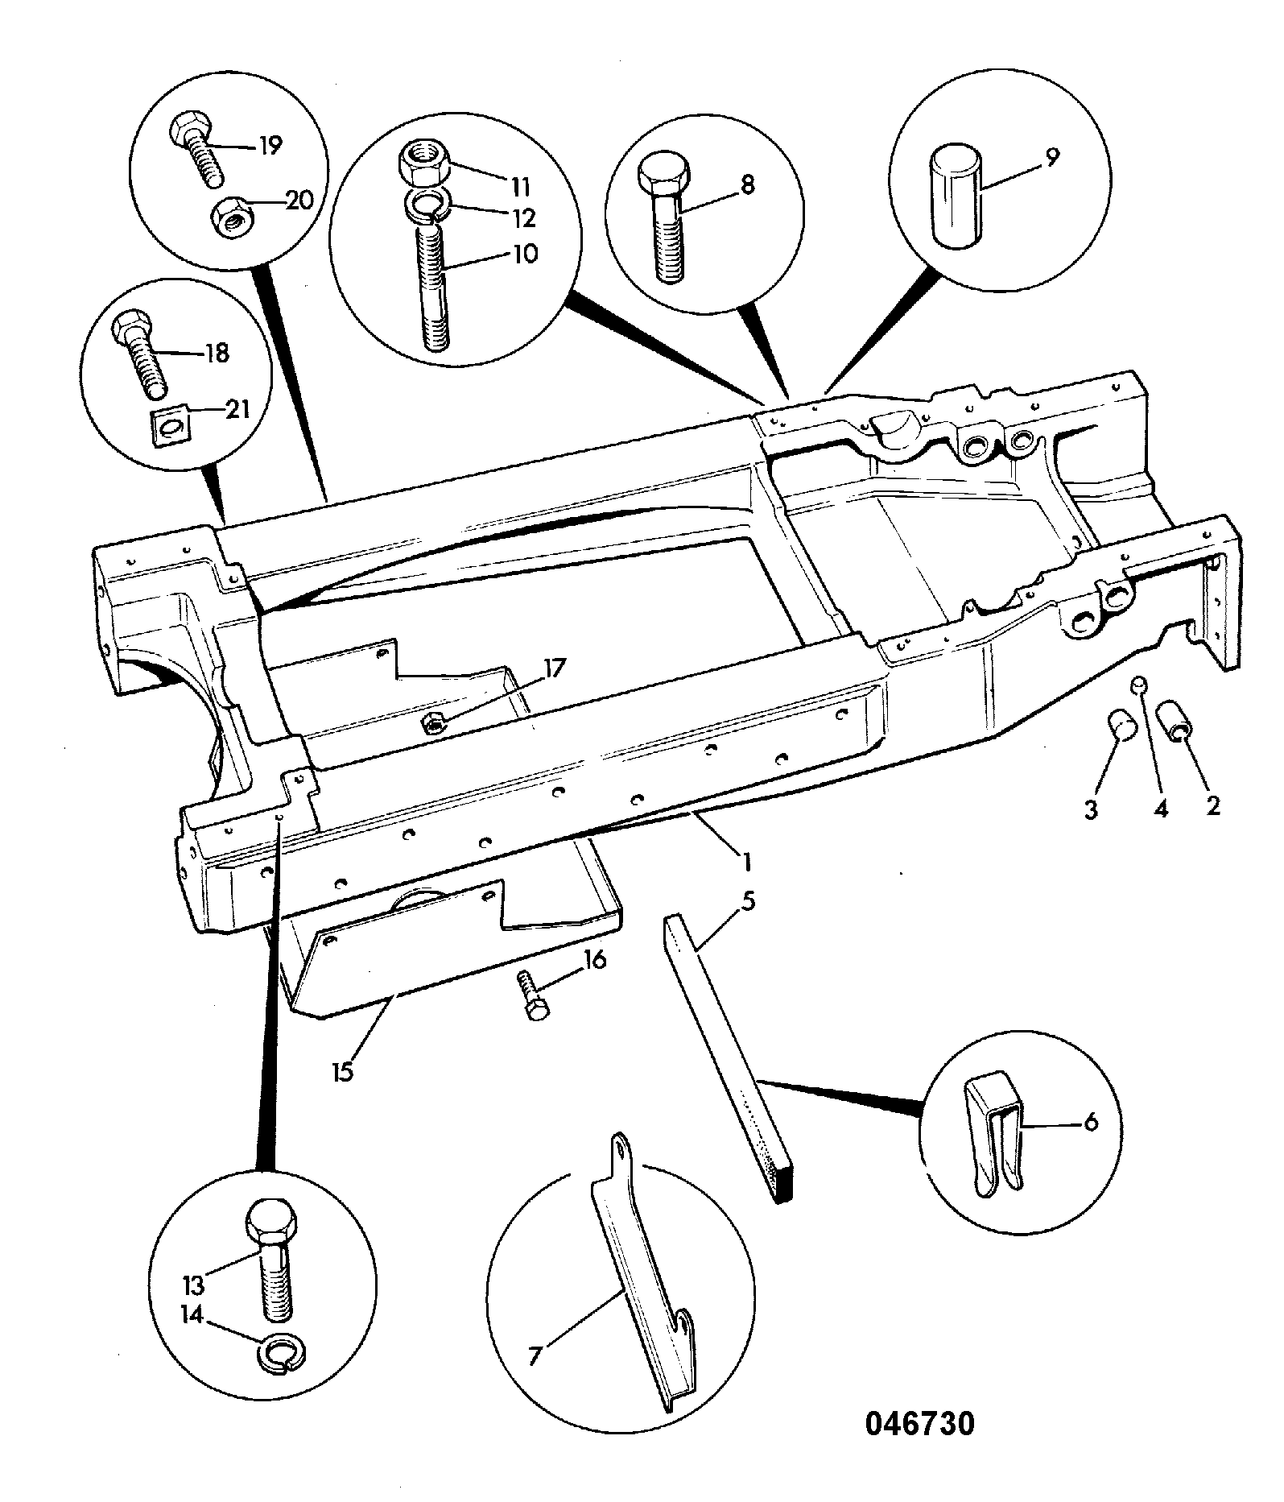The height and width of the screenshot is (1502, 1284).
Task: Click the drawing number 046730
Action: (x=919, y=1423)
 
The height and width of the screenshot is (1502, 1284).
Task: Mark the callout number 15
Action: (x=343, y=1073)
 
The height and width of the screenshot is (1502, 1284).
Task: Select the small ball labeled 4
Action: (x=1139, y=685)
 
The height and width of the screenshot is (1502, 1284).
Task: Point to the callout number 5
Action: (x=748, y=900)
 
